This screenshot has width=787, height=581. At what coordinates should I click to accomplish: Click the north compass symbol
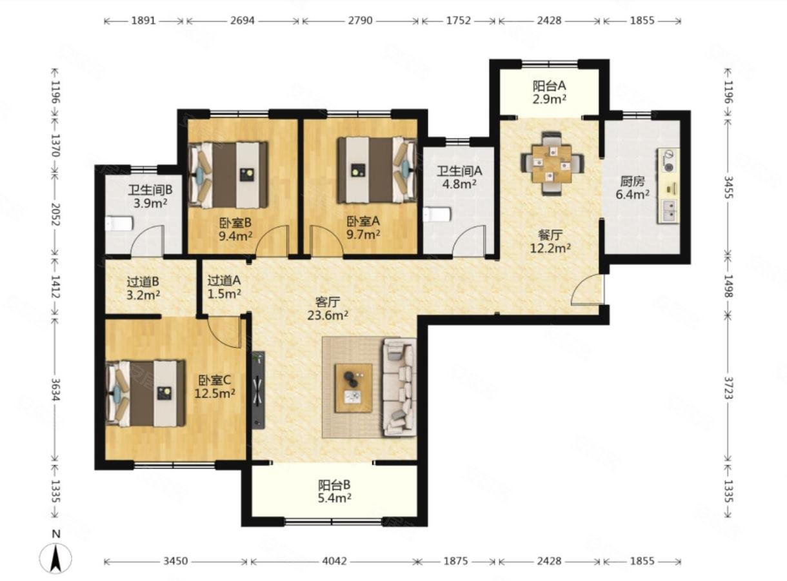(55, 557)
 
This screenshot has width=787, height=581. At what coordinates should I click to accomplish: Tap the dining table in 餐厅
(552, 163)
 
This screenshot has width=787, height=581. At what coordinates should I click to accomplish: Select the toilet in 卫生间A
(437, 215)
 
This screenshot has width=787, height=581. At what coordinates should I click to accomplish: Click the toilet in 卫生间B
(119, 224)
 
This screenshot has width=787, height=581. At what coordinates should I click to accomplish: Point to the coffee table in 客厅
(354, 388)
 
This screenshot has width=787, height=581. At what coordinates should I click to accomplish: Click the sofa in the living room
(399, 387)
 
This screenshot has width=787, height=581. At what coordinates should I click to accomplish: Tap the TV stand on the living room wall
(258, 391)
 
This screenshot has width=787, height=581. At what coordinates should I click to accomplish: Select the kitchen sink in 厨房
(669, 212)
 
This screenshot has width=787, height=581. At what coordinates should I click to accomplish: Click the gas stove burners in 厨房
(669, 161)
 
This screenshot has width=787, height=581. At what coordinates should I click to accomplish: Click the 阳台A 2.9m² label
(549, 92)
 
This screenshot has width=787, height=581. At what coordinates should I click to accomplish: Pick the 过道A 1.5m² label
(224, 287)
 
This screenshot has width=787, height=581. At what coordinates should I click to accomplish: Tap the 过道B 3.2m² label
(143, 288)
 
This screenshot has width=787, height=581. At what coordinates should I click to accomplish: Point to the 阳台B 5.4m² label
(335, 491)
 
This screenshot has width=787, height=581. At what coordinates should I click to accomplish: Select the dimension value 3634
(55, 389)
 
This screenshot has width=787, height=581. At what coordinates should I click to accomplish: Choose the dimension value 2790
(360, 21)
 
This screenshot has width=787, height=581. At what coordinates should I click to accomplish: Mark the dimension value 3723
(728, 388)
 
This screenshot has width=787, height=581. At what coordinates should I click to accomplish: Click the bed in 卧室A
(377, 171)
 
